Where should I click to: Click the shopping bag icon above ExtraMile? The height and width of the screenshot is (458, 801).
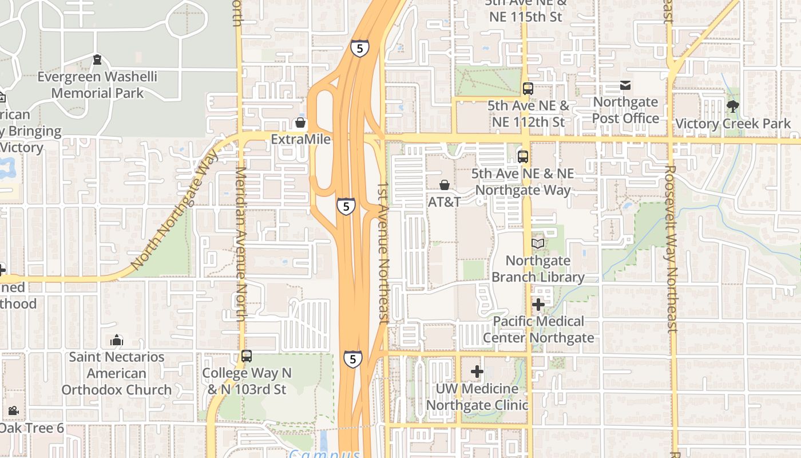pos(300,123)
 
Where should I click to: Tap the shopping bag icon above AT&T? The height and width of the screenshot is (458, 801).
pos(444,185)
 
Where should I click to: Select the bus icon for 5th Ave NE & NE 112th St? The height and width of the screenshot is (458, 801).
pos(528,89)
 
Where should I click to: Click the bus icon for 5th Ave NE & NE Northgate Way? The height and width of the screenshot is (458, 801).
pos(522,156)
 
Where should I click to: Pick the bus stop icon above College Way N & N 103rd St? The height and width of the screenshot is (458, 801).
pos(246,356)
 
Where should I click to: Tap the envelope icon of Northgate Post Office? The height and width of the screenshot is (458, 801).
pos(625,85)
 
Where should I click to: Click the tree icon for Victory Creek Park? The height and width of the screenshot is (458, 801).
pos(732,106)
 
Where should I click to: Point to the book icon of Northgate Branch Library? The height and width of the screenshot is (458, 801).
pos(538,244)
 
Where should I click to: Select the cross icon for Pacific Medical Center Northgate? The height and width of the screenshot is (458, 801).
pos(538,305)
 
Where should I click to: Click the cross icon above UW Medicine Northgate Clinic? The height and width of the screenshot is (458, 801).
pos(477,372)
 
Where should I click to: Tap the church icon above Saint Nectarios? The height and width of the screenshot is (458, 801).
pos(117,340)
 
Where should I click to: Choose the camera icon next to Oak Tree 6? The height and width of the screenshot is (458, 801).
pos(13,410)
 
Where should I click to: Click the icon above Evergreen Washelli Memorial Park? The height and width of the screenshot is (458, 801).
pos(97,60)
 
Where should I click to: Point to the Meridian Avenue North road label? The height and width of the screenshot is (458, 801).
pos(241,243)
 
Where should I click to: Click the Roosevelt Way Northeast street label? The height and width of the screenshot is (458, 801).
pos(671,249)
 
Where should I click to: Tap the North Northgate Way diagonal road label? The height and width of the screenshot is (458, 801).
pos(175,209)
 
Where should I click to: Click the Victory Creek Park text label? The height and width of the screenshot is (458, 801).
pos(733,124)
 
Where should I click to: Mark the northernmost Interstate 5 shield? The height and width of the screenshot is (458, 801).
pos(359,49)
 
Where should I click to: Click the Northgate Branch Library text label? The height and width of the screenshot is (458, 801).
pos(538,269)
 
